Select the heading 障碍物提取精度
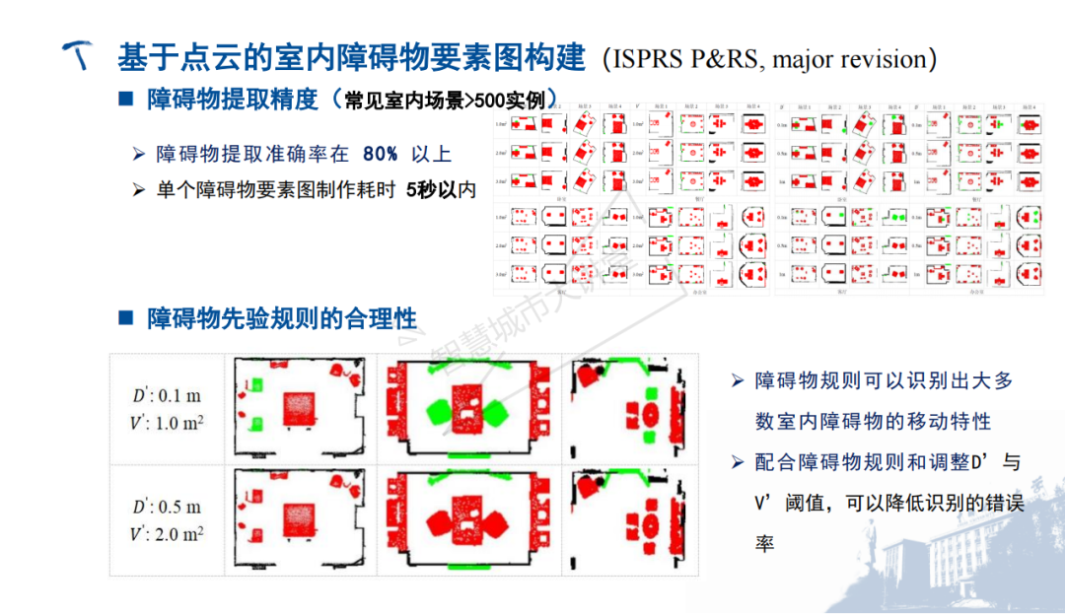[x=233, y=101]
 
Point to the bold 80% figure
[x=380, y=154]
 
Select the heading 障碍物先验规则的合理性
[x=282, y=318]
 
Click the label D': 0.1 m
[x=168, y=396]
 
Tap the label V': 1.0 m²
[x=168, y=423]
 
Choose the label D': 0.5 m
[x=168, y=507]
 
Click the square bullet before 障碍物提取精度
[x=125, y=100]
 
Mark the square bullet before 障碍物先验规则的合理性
[x=125, y=317]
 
